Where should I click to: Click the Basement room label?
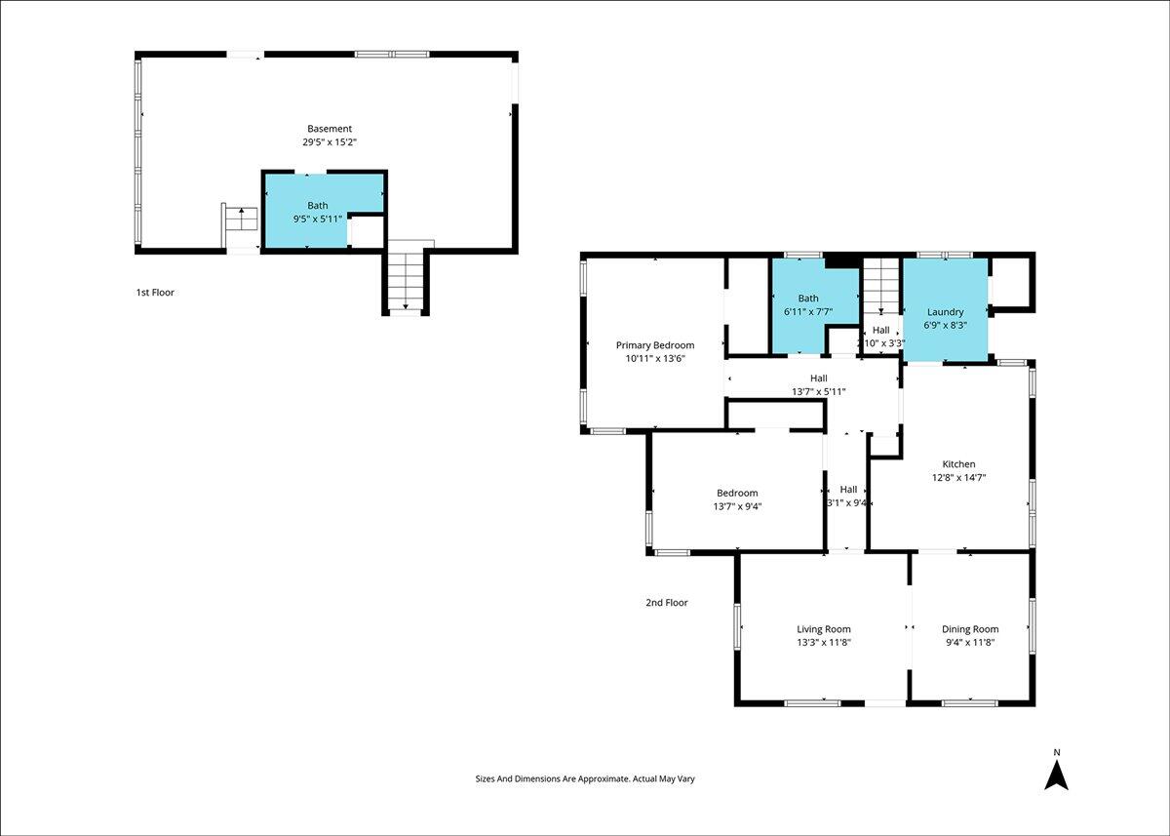(x=330, y=129)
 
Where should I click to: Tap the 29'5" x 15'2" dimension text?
(x=330, y=142)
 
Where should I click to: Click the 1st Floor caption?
(x=155, y=293)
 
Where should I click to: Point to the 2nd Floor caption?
(x=667, y=603)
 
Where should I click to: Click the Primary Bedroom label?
(x=655, y=345)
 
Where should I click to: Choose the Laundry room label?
(x=945, y=312)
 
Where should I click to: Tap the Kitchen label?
(x=958, y=464)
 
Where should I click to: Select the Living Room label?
(x=824, y=629)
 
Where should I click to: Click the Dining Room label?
(x=970, y=629)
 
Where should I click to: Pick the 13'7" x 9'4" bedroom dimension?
(x=737, y=506)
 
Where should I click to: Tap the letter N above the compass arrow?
(x=1057, y=752)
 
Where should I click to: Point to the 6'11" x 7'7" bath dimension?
(x=808, y=312)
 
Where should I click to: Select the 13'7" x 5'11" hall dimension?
(x=818, y=392)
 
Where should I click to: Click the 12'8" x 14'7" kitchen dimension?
(x=959, y=478)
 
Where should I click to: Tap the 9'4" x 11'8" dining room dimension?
(x=970, y=643)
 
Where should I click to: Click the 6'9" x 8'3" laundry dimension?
(x=946, y=325)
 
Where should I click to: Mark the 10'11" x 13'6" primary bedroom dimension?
(x=655, y=358)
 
